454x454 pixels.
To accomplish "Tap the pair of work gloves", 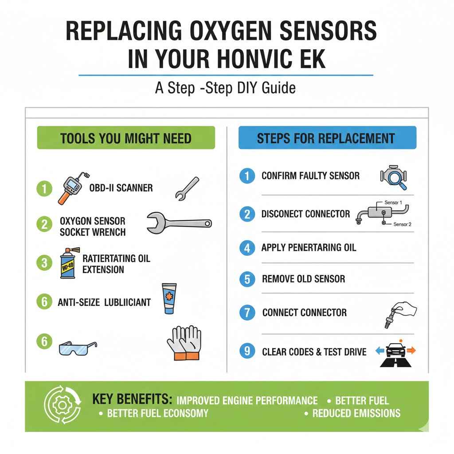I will click(184, 342).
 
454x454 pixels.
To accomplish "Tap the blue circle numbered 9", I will click(247, 352).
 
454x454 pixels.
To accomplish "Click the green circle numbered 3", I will click(44, 262).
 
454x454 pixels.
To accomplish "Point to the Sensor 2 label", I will click(402, 224).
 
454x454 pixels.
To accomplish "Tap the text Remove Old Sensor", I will click(303, 279).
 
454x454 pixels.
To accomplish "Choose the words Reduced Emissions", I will click(356, 413).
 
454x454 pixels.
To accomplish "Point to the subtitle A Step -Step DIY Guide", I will click(225, 88).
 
